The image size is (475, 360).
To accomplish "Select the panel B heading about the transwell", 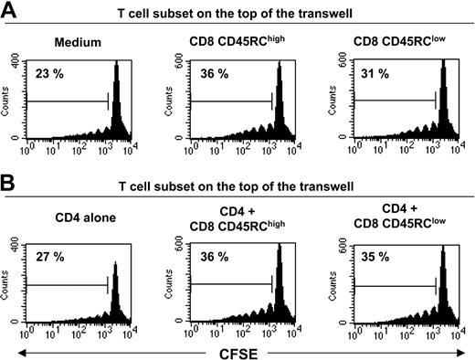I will coord(251,189).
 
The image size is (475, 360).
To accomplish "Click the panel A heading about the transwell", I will coord(251,11).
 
